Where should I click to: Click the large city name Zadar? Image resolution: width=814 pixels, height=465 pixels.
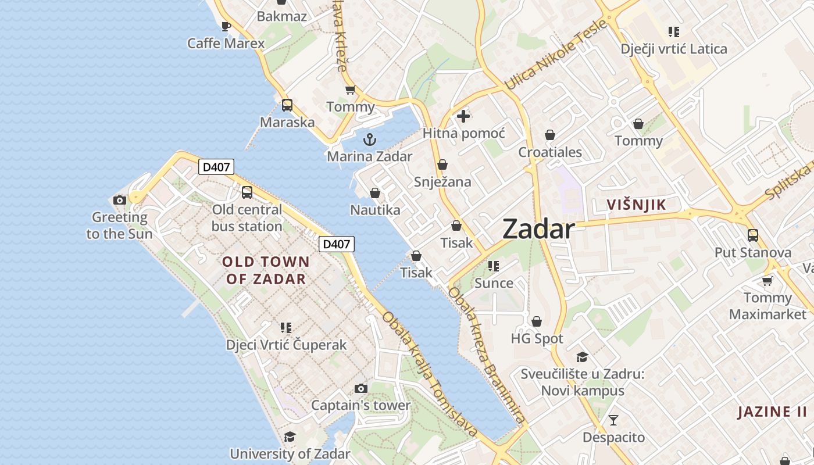pyautogui.click(x=538, y=229)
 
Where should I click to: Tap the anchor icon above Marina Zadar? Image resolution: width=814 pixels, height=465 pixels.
pyautogui.click(x=369, y=139)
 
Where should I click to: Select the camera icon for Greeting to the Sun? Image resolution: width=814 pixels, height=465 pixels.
pyautogui.click(x=120, y=201)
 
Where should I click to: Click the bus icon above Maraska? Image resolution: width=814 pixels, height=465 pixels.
pyautogui.click(x=287, y=105)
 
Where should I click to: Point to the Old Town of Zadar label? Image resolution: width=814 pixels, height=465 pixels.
pyautogui.click(x=266, y=270)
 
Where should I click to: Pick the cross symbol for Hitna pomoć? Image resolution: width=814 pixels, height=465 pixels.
pyautogui.click(x=463, y=116)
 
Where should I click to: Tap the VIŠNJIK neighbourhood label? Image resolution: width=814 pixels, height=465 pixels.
pyautogui.click(x=636, y=205)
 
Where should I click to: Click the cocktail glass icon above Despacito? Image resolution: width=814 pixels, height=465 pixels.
pyautogui.click(x=613, y=420)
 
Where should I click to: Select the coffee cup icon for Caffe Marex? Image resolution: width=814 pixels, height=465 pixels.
pyautogui.click(x=226, y=26)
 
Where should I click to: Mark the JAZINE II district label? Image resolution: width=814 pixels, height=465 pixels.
pyautogui.click(x=772, y=412)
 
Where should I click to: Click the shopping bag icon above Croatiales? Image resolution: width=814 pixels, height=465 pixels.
pyautogui.click(x=550, y=135)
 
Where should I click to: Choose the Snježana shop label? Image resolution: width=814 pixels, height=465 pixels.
pyautogui.click(x=442, y=182)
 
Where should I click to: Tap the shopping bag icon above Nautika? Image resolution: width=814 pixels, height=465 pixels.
pyautogui.click(x=375, y=193)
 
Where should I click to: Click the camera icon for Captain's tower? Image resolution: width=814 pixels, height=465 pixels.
pyautogui.click(x=361, y=388)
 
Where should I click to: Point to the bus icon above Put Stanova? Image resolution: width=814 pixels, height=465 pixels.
pyautogui.click(x=753, y=235)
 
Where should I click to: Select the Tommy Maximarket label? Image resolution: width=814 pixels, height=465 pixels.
pyautogui.click(x=767, y=306)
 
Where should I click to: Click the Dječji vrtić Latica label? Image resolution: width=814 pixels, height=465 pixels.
pyautogui.click(x=674, y=49)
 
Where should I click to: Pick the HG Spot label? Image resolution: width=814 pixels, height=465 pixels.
pyautogui.click(x=537, y=338)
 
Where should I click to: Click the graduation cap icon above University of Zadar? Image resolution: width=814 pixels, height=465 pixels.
pyautogui.click(x=290, y=437)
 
